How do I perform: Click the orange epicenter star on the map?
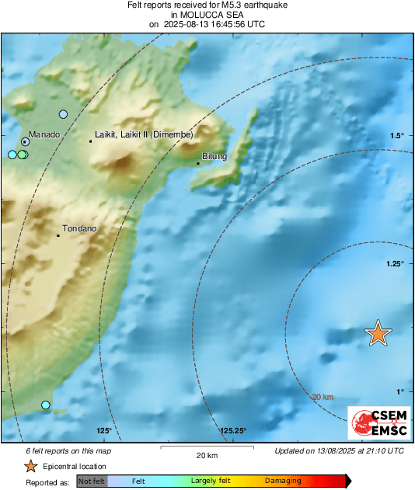click(x=378, y=332)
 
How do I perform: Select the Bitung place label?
click(x=214, y=157)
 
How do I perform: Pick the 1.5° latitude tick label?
click(x=398, y=136)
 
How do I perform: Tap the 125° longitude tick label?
click(x=104, y=431)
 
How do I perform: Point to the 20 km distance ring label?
click(x=323, y=397)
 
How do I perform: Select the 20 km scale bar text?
click(x=206, y=455)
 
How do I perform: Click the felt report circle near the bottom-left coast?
click(x=46, y=405)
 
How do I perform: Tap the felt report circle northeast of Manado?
click(x=64, y=114)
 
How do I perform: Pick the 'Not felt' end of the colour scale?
click(x=91, y=481)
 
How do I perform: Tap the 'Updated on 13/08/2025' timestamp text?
click(x=339, y=450)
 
